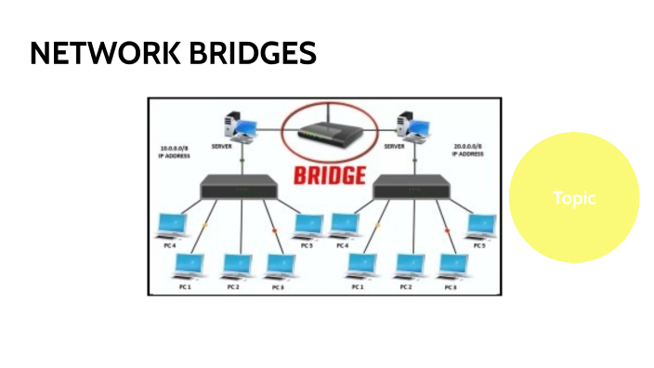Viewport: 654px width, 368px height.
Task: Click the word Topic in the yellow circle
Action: pyautogui.click(x=573, y=198)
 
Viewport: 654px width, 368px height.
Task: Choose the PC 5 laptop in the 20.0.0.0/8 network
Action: pyautogui.click(x=480, y=226)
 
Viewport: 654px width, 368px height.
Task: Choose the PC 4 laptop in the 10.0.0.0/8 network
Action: pyautogui.click(x=170, y=226)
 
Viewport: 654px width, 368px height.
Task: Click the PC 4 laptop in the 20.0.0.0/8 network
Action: pyautogui.click(x=343, y=226)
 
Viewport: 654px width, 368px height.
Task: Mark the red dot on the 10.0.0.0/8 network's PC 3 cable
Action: pyautogui.click(x=274, y=230)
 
